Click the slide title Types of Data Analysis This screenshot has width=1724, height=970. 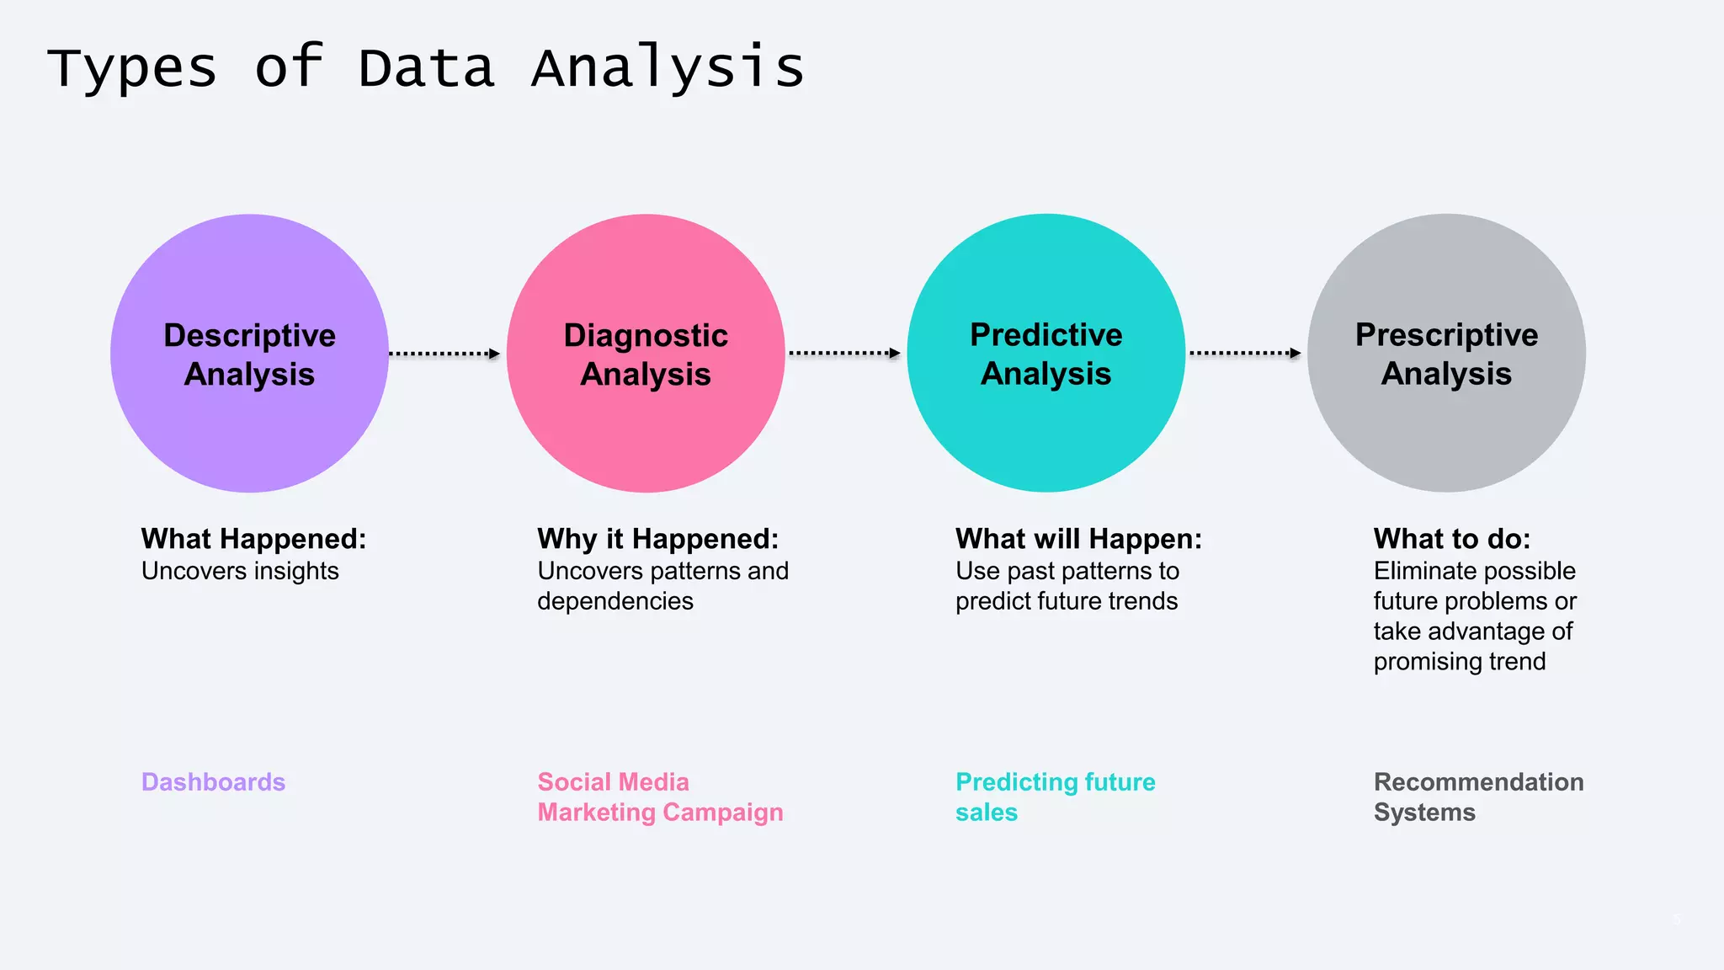click(425, 67)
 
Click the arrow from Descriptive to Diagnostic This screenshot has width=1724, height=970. click(444, 354)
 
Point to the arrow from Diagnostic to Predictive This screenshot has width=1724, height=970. click(844, 354)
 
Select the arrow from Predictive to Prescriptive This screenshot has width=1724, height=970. click(1245, 354)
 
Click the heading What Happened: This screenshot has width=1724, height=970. click(253, 539)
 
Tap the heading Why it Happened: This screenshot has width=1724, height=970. click(657, 539)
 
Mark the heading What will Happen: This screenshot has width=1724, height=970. click(1078, 539)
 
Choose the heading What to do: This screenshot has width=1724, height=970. click(1451, 539)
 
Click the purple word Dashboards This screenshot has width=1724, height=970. click(213, 782)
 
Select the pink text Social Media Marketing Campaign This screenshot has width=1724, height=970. click(660, 797)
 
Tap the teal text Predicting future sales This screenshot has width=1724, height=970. click(1055, 797)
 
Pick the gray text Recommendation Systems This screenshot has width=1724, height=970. click(1477, 797)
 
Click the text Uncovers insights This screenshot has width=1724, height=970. click(240, 571)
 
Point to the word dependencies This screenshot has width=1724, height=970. click(615, 601)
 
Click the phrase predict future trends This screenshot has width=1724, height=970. click(1066, 601)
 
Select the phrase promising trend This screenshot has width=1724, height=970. click(1459, 662)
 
